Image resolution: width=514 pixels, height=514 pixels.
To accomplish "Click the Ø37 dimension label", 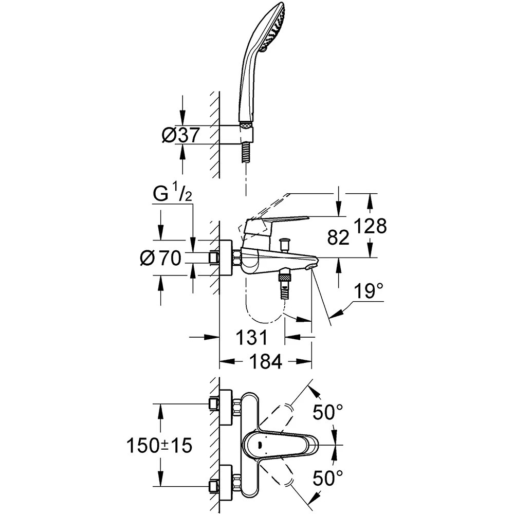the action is [180, 135].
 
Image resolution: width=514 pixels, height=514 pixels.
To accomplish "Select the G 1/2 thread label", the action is [172, 196].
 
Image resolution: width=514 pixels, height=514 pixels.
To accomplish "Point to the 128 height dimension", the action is [371, 226].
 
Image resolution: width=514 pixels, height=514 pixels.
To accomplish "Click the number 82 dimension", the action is [338, 237].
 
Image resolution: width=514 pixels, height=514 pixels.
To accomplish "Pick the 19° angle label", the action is [368, 291].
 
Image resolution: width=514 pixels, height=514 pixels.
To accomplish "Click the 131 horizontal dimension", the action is [251, 337].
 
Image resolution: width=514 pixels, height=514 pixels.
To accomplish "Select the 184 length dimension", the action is [266, 361].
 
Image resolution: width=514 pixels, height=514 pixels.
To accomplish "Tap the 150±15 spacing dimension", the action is [159, 446].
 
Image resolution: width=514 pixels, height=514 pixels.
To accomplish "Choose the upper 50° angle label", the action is [328, 412].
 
